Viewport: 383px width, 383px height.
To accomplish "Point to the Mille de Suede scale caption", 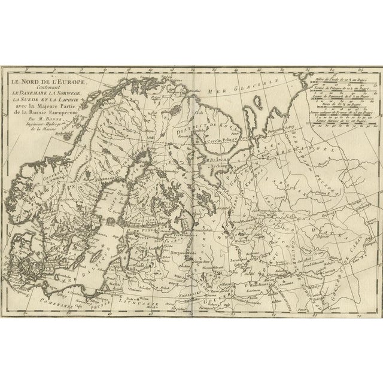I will (x=351, y=80).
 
